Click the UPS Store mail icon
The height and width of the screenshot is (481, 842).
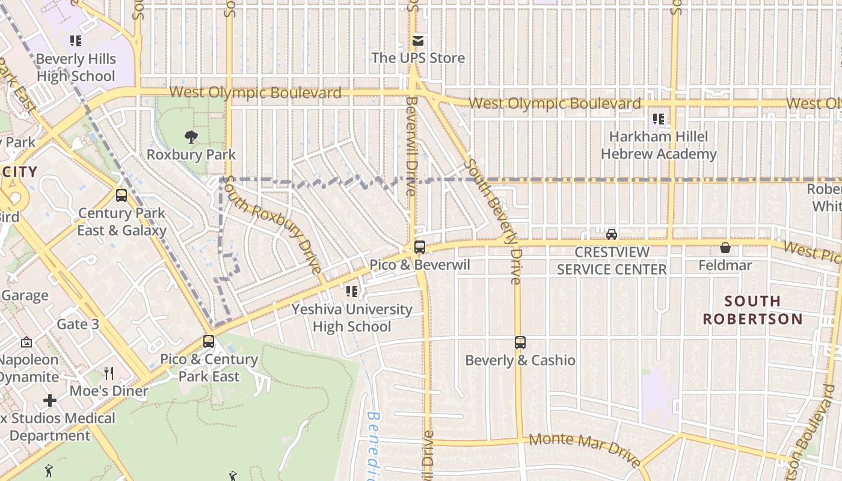pos(418,41)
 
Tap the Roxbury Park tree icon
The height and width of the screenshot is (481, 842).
pos(191,137)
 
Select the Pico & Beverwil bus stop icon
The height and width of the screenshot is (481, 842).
pos(420,247)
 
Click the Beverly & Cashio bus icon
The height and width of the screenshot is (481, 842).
pos(520,343)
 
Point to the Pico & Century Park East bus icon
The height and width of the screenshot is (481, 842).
pos(209,342)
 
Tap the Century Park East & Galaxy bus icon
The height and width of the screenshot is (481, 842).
pos(121,195)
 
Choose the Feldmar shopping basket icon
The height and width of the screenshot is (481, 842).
pos(725,248)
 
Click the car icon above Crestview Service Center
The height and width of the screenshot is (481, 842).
pos(612,234)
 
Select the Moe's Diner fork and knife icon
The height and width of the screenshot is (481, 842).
pos(109,373)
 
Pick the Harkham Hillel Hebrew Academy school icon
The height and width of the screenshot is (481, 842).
pos(659,119)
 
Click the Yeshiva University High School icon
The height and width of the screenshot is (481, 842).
pos(352,292)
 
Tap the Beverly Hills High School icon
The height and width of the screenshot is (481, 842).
pos(75,41)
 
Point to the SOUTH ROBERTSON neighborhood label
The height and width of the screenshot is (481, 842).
pos(753,310)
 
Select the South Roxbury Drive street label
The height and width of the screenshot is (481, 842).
pos(272,224)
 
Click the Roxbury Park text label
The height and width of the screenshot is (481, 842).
pos(191,155)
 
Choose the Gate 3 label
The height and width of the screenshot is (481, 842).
pos(78,324)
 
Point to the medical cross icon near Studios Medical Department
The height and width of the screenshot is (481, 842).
pos(50,400)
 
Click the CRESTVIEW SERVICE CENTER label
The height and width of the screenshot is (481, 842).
pos(612,260)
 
